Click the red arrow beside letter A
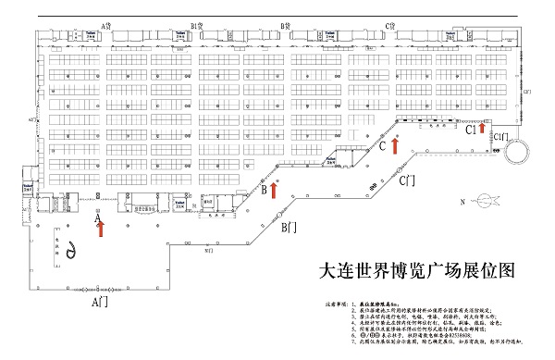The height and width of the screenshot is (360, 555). [101, 224]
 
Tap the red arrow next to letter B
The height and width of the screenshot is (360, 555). [274, 189]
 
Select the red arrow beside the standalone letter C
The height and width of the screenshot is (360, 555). [395, 144]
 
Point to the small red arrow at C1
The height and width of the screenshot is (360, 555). [482, 128]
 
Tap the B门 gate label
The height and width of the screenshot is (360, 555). [289, 227]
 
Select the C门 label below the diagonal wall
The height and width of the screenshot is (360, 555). [406, 182]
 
